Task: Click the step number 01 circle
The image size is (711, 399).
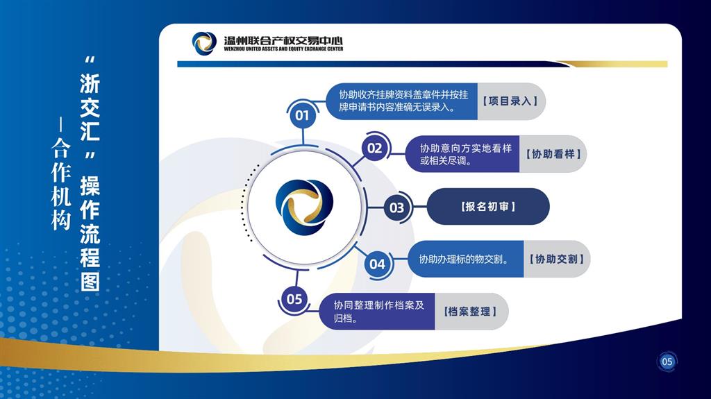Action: [303, 115]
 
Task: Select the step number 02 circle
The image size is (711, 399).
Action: [375, 148]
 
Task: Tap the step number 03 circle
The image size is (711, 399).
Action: [396, 207]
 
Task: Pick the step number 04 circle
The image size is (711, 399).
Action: [377, 264]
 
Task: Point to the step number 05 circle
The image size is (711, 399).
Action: [294, 299]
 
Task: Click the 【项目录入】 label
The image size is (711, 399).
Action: [510, 101]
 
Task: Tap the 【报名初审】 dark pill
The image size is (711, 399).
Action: [488, 207]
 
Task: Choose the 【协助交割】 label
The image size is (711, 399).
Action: [557, 259]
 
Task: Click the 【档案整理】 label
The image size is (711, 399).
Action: [470, 312]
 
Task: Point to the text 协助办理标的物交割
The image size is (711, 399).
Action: [463, 260]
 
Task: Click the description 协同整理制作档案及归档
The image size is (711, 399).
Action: [378, 312]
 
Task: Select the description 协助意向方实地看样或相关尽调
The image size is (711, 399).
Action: [466, 154]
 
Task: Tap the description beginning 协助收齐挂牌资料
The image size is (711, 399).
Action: [403, 101]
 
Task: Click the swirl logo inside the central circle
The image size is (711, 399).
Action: [304, 207]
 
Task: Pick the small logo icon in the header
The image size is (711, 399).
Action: [204, 43]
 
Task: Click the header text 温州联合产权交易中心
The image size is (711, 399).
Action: [283, 41]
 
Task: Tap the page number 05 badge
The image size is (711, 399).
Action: [667, 362]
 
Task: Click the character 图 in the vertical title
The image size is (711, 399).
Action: [90, 281]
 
